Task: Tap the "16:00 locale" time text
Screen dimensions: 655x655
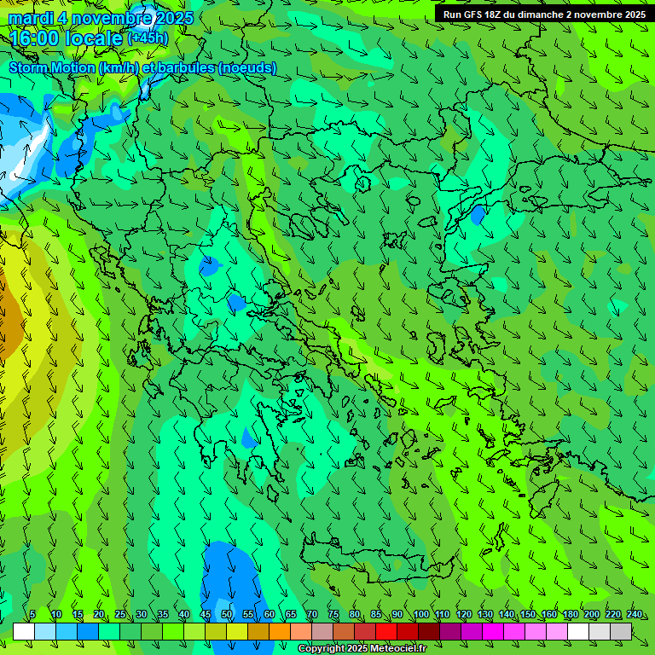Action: (x=65, y=38)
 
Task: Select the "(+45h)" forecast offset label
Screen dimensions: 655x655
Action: (x=148, y=38)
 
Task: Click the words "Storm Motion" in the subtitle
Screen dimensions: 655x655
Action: (x=50, y=67)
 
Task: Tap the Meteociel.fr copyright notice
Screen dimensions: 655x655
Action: (x=362, y=649)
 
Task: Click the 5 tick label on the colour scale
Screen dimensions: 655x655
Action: (x=32, y=615)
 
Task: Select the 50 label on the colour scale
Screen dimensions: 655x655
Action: (x=227, y=615)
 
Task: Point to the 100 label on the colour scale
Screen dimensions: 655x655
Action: (x=420, y=615)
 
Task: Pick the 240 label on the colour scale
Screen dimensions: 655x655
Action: (x=634, y=615)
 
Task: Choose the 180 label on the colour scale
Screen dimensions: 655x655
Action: (x=570, y=615)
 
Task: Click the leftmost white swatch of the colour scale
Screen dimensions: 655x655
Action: (x=24, y=631)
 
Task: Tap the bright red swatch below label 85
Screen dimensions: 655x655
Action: (x=385, y=631)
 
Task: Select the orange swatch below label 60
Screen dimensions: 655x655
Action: (x=279, y=631)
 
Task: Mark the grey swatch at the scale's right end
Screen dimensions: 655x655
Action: (x=621, y=631)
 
